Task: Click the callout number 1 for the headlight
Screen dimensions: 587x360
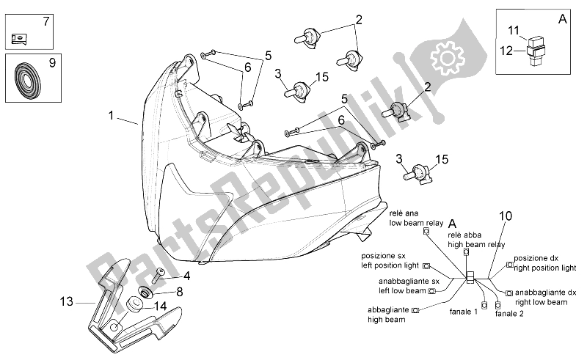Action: coord(111,115)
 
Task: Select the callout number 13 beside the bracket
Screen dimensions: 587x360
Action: coord(67,301)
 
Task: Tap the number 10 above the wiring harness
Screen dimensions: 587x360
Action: coord(506,216)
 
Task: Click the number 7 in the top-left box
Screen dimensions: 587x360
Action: coord(46,21)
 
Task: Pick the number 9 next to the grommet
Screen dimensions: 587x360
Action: coord(52,62)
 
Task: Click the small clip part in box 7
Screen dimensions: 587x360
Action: coord(19,39)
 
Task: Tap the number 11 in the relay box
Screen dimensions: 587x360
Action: coord(514,30)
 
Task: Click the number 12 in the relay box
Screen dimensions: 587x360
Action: coord(506,50)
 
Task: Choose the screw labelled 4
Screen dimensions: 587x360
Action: coord(158,276)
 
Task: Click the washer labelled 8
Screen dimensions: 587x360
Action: coord(145,292)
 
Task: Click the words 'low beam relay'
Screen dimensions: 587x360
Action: coord(416,223)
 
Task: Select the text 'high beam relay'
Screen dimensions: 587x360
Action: coord(476,245)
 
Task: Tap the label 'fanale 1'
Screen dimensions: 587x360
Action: coord(464,312)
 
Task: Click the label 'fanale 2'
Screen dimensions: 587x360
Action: coord(509,314)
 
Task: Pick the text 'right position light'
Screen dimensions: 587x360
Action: coord(544,268)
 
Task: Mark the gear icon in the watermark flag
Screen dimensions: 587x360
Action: coord(447,58)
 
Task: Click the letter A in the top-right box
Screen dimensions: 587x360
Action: coord(562,19)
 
